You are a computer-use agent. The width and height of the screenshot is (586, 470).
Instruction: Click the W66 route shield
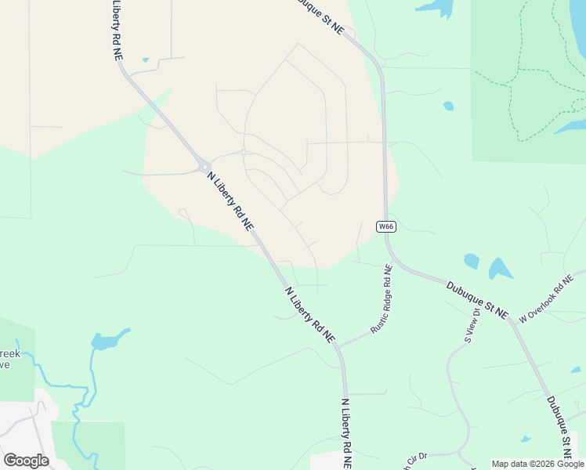click(x=385, y=227)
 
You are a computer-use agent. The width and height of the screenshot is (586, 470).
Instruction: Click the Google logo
click(x=26, y=461)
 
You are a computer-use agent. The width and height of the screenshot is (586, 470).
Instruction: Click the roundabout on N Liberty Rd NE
click(x=204, y=166)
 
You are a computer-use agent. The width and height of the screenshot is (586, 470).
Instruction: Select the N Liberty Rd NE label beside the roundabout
click(x=230, y=202)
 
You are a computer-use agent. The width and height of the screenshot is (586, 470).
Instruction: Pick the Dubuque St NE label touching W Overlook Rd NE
click(x=477, y=299)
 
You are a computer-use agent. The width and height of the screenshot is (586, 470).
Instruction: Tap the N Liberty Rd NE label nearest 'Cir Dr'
click(x=345, y=432)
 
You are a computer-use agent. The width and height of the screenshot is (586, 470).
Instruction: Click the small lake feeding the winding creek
click(x=107, y=341)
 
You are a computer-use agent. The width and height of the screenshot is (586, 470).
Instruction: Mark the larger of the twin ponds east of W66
click(x=499, y=269)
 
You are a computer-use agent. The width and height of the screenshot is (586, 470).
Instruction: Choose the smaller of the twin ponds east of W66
click(x=472, y=261)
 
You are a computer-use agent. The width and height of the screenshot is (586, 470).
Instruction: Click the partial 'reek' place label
click(x=9, y=353)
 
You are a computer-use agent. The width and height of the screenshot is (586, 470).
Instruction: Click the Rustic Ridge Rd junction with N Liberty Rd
click(x=338, y=345)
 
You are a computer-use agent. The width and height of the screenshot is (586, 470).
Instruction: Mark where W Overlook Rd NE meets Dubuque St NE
click(x=511, y=319)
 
